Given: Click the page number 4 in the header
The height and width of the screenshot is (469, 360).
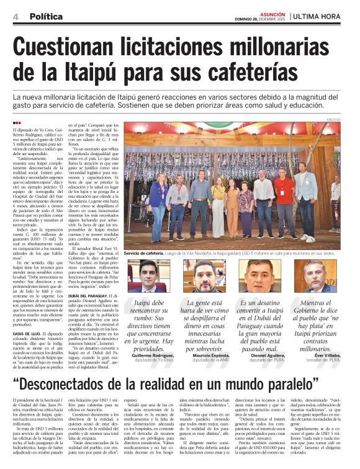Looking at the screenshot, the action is coord(15,16).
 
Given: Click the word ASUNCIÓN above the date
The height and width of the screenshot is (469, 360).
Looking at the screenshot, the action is coord(271,12).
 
